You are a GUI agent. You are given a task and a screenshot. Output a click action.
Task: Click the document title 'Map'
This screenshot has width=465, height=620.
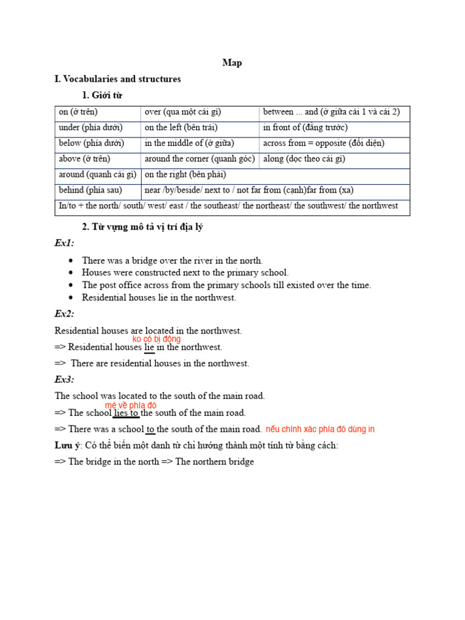coord(232,63)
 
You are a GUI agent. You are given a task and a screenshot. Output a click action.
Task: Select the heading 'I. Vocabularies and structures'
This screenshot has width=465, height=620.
coord(117,79)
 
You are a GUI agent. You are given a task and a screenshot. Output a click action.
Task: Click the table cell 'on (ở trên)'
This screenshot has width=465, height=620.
coord(78,113)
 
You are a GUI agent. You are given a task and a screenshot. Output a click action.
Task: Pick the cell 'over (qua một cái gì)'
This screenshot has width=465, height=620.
coord(183,113)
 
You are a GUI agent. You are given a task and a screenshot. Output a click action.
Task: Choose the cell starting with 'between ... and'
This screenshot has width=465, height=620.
coord(331,113)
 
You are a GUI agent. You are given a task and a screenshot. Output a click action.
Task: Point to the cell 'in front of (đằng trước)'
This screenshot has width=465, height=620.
coord(305,128)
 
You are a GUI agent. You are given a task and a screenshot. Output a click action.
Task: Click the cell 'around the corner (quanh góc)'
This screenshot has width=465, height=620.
coord(200,159)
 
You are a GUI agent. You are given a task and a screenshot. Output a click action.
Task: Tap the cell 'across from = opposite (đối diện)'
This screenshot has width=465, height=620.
coord(323,143)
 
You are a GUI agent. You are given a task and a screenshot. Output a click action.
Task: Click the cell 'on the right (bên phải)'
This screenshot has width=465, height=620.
coord(176,175)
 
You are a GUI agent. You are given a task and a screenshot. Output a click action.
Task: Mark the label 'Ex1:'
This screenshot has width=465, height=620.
coord(64,243)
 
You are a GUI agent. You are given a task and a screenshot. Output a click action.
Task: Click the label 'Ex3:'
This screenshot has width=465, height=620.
coord(64,380)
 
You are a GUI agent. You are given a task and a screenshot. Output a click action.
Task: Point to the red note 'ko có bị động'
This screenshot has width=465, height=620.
coord(156,339)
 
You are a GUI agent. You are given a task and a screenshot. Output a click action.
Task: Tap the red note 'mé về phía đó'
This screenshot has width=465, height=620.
coord(131,405)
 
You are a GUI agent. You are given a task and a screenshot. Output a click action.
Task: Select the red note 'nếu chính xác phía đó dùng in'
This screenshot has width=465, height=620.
coord(320,429)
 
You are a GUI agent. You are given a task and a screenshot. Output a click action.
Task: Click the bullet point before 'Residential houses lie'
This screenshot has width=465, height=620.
coord(71,298)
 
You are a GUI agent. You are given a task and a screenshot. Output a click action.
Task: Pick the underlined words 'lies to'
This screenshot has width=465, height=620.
coord(127,413)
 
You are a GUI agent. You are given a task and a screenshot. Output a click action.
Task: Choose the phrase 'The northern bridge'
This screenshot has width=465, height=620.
coord(215,462)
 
